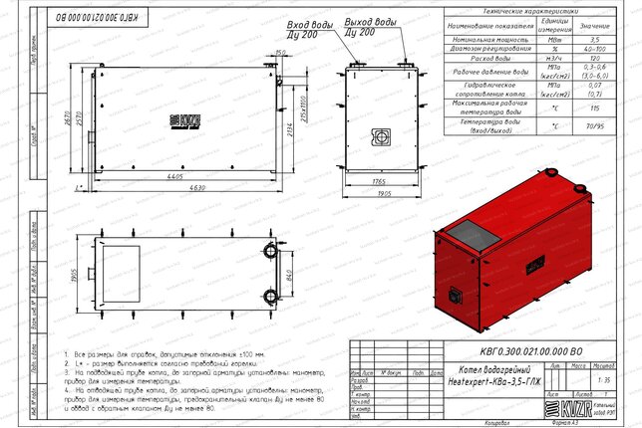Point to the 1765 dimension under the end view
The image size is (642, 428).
[380, 182]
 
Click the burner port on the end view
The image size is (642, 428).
[381, 135]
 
